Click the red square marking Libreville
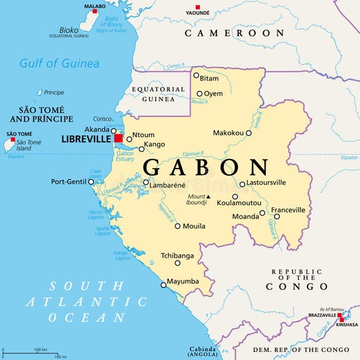click(x=118, y=137)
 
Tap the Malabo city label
click(x=95, y=6)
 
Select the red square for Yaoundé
click(x=198, y=6)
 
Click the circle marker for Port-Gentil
click(x=91, y=182)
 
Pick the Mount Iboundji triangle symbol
click(x=209, y=197)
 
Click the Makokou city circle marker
click(x=249, y=132)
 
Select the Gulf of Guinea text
click(x=59, y=63)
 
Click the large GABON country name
click(x=206, y=167)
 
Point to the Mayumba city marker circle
click(x=164, y=285)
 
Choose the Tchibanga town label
click(x=177, y=256)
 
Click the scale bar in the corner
click(x=31, y=353)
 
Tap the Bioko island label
click(x=69, y=29)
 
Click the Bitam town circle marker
click(x=196, y=76)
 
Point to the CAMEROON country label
click(x=234, y=32)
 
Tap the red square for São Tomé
click(x=12, y=140)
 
